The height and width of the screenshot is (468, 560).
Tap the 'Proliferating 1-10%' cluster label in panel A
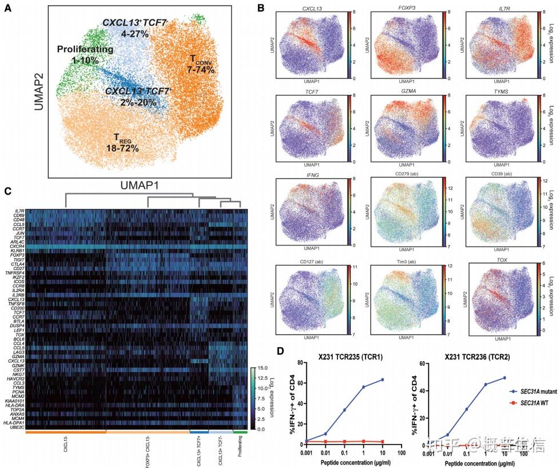tap(85, 54)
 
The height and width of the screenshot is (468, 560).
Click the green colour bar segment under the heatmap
tap(240, 432)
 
